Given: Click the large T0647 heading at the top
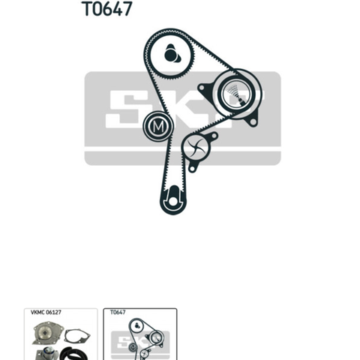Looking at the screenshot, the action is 106,9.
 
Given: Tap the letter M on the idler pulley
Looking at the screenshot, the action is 158,127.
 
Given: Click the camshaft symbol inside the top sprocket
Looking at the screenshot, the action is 172,54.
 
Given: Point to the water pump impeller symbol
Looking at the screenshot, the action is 196,148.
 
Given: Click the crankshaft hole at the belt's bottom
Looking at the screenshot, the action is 172,201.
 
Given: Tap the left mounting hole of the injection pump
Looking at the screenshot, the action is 202,88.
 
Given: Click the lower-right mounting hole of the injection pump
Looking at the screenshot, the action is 253,121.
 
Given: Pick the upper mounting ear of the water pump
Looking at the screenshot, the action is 214,136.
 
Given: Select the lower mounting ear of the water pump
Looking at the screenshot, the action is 192,168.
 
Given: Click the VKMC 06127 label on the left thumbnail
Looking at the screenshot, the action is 46,312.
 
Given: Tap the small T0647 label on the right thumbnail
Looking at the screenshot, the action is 118,312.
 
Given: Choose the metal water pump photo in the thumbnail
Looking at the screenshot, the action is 48,334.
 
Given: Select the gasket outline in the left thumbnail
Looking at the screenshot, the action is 76,337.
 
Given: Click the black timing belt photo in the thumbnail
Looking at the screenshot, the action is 74,354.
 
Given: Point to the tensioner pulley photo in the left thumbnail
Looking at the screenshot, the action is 47,354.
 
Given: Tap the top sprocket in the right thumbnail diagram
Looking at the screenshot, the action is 136,325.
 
